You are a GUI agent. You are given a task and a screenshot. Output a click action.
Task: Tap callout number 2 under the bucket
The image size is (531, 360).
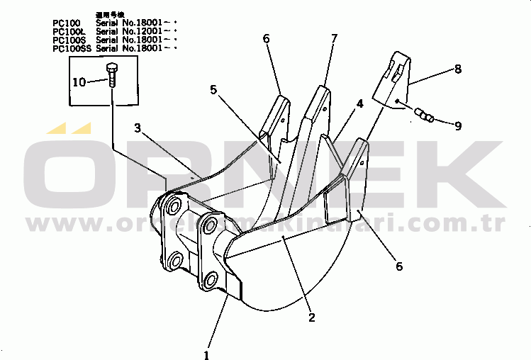[x=312, y=317]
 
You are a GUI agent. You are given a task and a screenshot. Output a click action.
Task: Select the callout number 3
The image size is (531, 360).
[x=138, y=128]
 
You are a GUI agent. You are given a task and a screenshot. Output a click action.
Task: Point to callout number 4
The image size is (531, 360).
[x=360, y=103]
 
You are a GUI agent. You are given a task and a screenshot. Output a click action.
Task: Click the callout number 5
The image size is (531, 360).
[x=213, y=90]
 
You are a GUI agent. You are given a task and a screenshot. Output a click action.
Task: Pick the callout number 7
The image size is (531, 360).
[x=334, y=38]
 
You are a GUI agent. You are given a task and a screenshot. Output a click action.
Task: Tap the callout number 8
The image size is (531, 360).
[x=457, y=69]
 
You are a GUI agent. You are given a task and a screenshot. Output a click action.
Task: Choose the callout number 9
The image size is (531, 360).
[x=458, y=126]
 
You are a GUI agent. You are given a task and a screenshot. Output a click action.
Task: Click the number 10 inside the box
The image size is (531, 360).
[x=79, y=82]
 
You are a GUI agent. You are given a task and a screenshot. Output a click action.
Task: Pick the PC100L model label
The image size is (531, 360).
[x=67, y=31]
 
